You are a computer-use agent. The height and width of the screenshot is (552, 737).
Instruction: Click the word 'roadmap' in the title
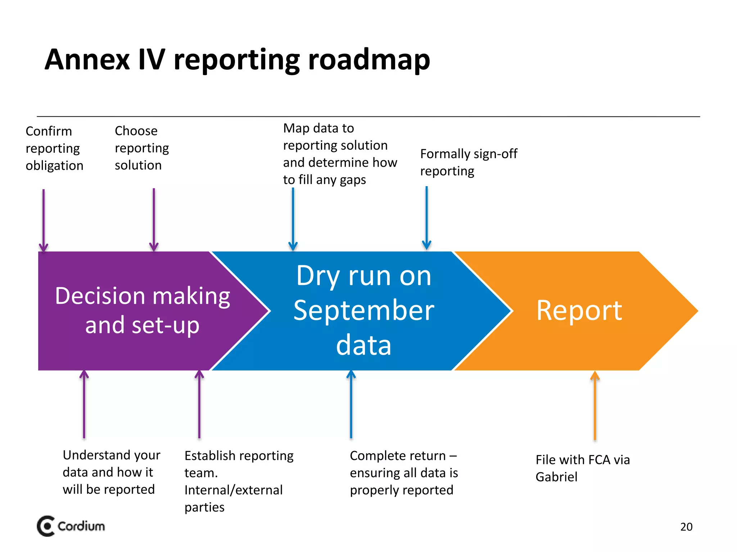pyautogui.click(x=369, y=60)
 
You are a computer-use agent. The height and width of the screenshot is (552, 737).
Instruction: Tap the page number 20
pyautogui.click(x=686, y=527)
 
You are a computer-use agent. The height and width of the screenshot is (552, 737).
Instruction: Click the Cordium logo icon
pyautogui.click(x=46, y=526)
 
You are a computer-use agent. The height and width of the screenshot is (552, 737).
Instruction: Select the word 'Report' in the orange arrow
pyautogui.click(x=579, y=310)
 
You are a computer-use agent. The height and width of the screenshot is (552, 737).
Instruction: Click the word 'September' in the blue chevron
pyautogui.click(x=363, y=310)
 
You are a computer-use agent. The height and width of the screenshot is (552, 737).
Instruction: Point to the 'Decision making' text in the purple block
pyautogui.click(x=143, y=296)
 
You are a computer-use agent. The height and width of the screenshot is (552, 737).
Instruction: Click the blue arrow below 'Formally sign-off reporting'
pyautogui.click(x=426, y=218)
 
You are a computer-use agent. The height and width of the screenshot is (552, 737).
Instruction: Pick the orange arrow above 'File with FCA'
pyautogui.click(x=595, y=406)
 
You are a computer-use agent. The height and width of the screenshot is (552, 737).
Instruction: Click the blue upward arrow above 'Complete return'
pyautogui.click(x=351, y=405)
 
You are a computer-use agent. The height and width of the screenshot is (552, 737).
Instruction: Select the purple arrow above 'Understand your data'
pyautogui.click(x=84, y=405)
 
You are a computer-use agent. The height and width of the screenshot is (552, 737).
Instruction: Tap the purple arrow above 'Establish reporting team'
pyautogui.click(x=199, y=405)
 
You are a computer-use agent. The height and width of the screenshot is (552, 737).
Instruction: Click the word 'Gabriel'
pyautogui.click(x=556, y=477)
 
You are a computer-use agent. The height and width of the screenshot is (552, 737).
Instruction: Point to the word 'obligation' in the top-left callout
pyautogui.click(x=54, y=166)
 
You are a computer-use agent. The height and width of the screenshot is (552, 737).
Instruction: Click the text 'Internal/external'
pyautogui.click(x=233, y=490)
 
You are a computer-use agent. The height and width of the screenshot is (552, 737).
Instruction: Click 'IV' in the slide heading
pyautogui.click(x=152, y=60)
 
